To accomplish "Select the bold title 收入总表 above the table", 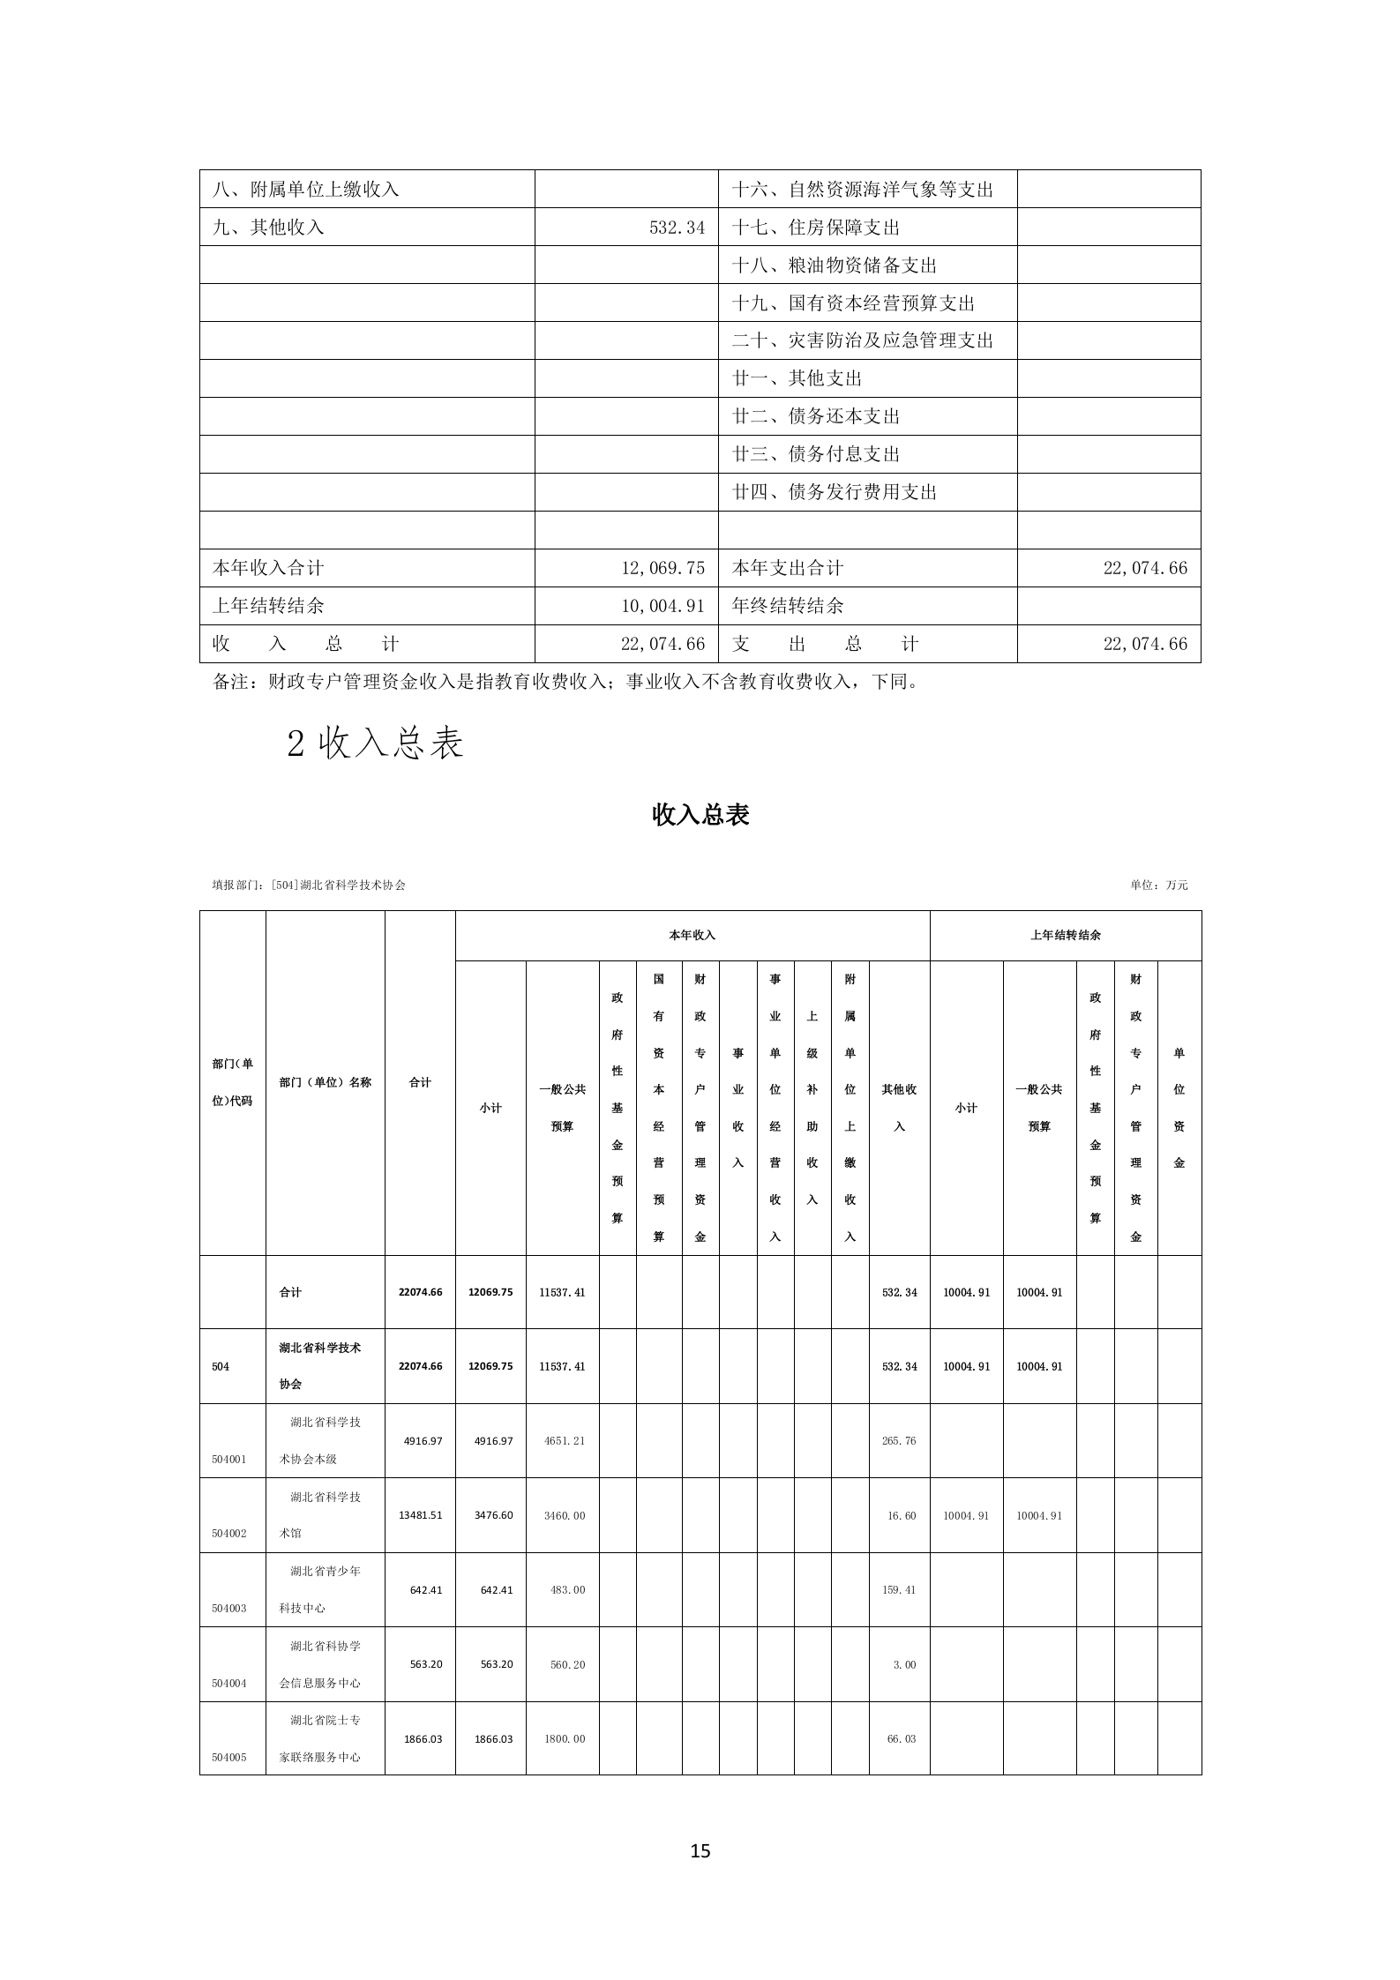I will (700, 815).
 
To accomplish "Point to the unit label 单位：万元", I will (1158, 885).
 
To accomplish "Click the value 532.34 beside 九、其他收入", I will (677, 228).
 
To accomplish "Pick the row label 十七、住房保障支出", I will (816, 228).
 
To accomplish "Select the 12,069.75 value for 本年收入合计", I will (663, 568).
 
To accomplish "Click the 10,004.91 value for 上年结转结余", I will (663, 606).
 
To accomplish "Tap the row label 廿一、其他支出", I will (797, 378).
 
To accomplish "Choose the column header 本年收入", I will (692, 935).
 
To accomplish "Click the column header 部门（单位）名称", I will (325, 1082).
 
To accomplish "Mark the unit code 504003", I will (228, 1608).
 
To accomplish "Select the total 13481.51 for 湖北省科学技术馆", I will (423, 1514).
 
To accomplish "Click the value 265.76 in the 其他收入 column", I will (899, 1440).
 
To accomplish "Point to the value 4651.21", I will (562, 1440).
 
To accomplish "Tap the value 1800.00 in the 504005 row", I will (563, 1738).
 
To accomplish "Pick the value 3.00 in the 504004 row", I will (904, 1664).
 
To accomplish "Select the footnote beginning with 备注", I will (566, 682).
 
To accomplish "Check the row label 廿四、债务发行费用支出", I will (834, 492).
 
